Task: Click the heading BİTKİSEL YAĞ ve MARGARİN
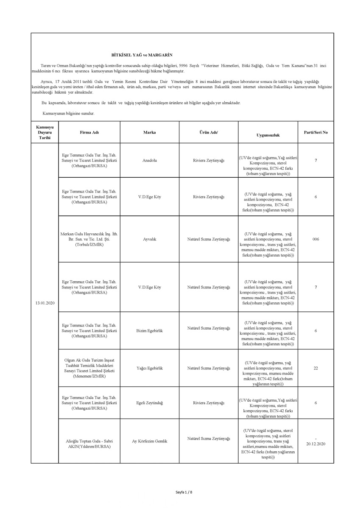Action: click(x=142, y=55)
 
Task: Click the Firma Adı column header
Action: click(x=89, y=132)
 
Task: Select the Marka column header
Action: click(x=149, y=132)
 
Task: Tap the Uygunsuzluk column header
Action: click(x=268, y=135)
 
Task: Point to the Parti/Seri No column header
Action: click(x=315, y=132)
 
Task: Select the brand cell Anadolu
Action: click(x=149, y=161)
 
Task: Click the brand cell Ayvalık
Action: click(x=149, y=239)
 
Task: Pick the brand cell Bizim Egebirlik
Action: click(x=149, y=330)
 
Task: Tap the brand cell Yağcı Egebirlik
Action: click(x=149, y=368)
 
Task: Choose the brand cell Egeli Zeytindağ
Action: click(x=149, y=403)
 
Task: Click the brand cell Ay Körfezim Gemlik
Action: click(x=149, y=441)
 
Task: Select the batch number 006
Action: click(x=315, y=239)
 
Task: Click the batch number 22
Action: click(x=315, y=368)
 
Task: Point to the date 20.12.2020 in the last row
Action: click(x=315, y=444)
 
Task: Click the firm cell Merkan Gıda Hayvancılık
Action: click(x=89, y=239)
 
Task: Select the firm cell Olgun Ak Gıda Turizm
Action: click(x=89, y=368)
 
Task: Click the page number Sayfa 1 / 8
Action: click(x=184, y=492)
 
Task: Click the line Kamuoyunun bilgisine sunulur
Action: click(x=68, y=114)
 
